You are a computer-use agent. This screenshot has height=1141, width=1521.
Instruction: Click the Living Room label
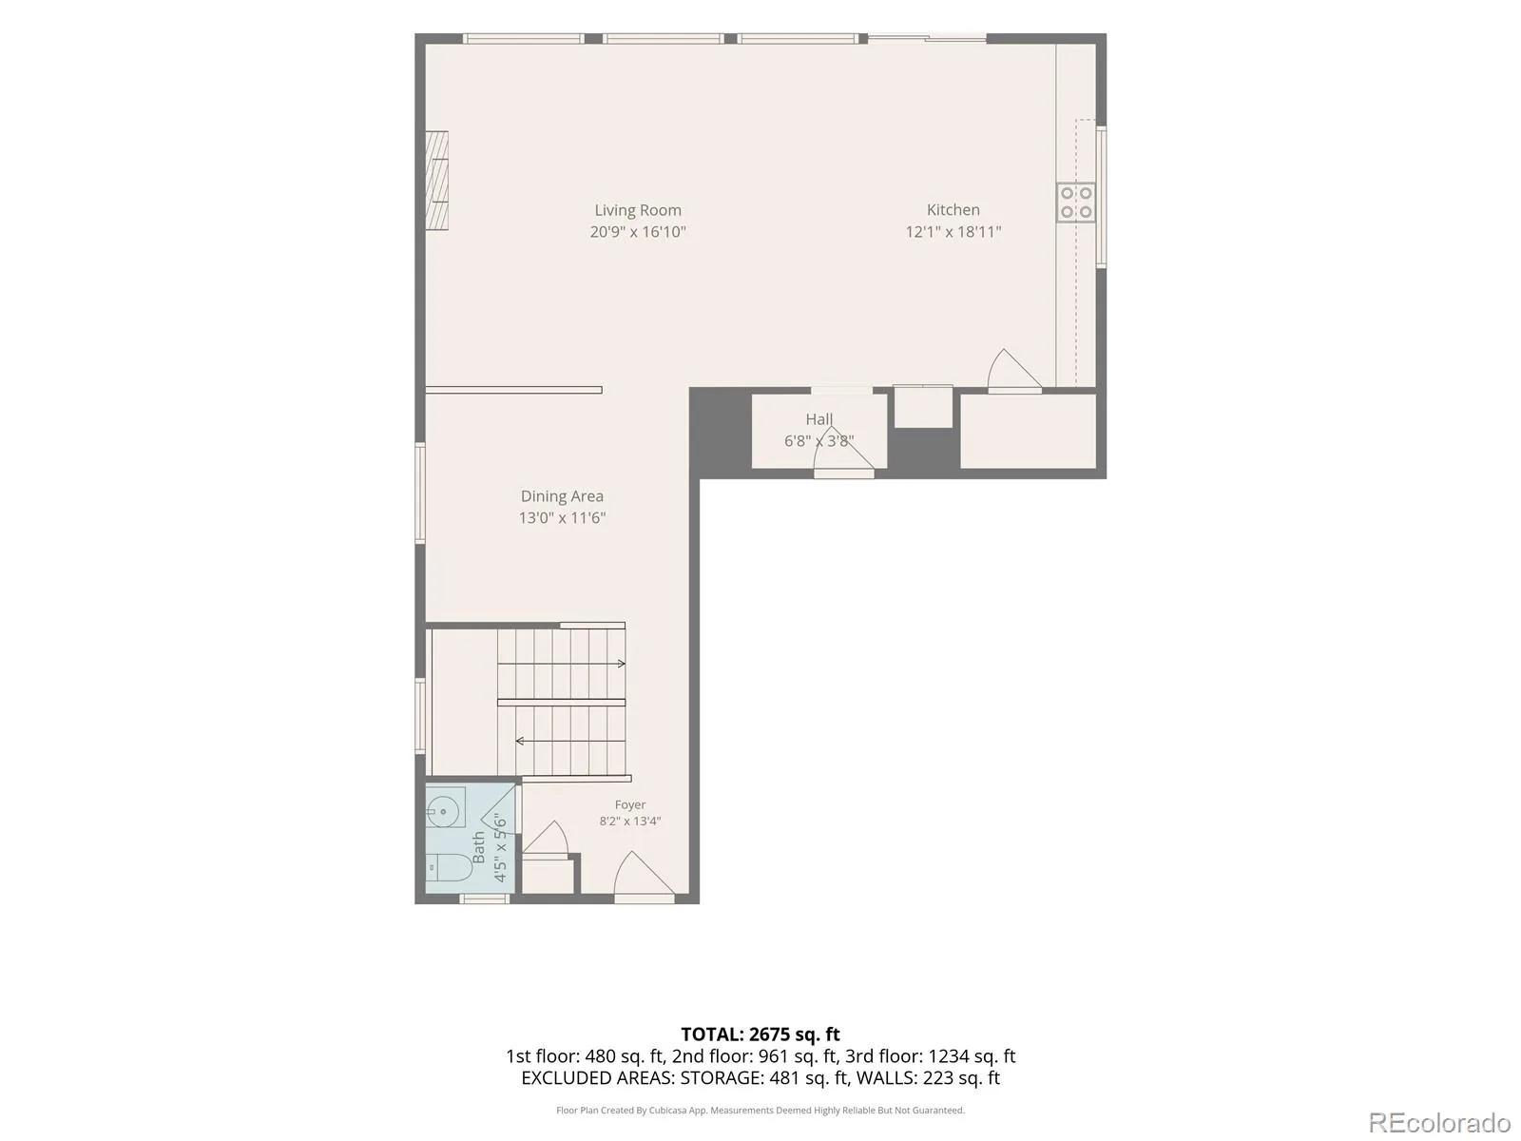[638, 210]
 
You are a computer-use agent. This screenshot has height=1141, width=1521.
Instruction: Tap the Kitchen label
[953, 210]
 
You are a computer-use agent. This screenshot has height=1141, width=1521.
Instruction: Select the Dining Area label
[562, 496]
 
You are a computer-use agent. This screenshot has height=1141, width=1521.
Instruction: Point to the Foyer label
[630, 804]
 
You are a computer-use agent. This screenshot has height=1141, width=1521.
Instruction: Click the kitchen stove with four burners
[1075, 203]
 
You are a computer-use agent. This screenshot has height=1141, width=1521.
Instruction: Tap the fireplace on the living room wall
[436, 180]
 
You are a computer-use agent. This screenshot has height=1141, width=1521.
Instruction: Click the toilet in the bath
[448, 866]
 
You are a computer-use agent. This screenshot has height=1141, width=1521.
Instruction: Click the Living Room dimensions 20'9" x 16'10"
[638, 232]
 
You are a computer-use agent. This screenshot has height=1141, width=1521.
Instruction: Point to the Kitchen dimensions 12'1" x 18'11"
[953, 232]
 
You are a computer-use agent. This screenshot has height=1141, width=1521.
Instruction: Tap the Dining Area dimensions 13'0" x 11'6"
[562, 517]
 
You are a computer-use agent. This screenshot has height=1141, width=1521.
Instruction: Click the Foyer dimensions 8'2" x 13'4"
[630, 822]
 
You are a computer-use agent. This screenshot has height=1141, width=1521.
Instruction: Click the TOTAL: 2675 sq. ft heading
[760, 1035]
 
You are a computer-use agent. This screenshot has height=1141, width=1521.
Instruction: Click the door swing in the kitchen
[1013, 371]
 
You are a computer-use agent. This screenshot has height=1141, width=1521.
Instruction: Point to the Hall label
[819, 419]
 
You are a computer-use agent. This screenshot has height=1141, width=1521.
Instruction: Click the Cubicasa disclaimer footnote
[760, 1111]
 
